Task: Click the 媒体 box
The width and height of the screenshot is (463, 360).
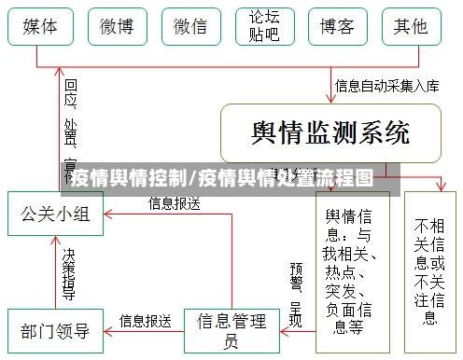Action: tap(38, 27)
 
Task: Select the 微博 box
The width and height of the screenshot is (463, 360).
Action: tap(115, 27)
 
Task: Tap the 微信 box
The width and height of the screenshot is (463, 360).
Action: tap(190, 27)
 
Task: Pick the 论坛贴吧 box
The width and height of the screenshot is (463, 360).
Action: tap(262, 27)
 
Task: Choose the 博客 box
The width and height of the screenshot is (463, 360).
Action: tap(337, 27)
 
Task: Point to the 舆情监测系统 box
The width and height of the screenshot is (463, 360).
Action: tap(330, 132)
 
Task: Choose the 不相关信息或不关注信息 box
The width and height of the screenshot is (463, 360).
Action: tap(429, 270)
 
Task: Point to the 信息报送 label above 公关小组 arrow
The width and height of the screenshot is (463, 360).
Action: tap(174, 203)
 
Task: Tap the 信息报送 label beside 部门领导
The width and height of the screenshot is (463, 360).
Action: tap(145, 320)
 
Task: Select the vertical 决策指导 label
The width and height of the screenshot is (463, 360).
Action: tap(68, 272)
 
